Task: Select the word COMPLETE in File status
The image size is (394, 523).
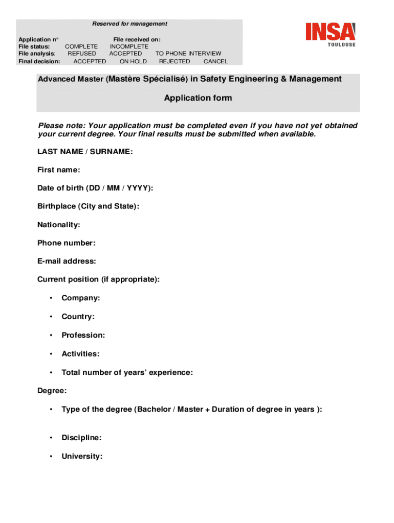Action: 81,46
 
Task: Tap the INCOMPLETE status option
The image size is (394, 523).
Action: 129,46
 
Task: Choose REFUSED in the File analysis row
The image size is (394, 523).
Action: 82,54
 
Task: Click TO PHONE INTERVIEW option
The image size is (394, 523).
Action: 188,54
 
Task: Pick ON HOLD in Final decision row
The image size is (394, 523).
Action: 133,61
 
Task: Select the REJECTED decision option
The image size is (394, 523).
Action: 174,61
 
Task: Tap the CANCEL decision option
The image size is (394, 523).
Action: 216,61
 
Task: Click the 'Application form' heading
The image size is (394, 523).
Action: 198,98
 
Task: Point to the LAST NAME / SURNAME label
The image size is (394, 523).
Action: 85,152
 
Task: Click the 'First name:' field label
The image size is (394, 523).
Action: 58,170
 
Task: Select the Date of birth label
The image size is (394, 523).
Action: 95,188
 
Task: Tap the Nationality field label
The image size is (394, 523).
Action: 58,225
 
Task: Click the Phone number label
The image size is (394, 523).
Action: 67,243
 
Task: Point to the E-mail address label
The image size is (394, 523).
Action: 67,261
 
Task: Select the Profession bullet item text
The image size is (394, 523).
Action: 83,336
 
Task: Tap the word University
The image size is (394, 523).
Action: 82,457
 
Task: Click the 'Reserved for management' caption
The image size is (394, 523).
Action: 129,24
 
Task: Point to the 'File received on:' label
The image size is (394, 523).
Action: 137,39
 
